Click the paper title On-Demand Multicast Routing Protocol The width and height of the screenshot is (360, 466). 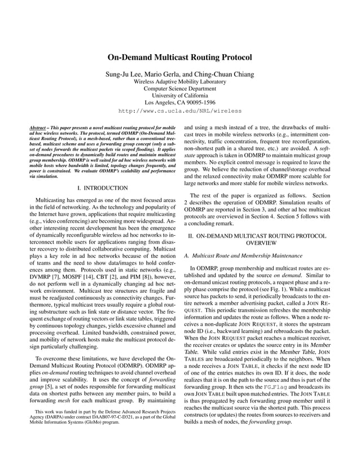(x=179, y=58)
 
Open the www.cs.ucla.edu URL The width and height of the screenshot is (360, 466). (x=179, y=112)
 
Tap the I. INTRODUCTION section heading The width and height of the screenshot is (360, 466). (x=99, y=187)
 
